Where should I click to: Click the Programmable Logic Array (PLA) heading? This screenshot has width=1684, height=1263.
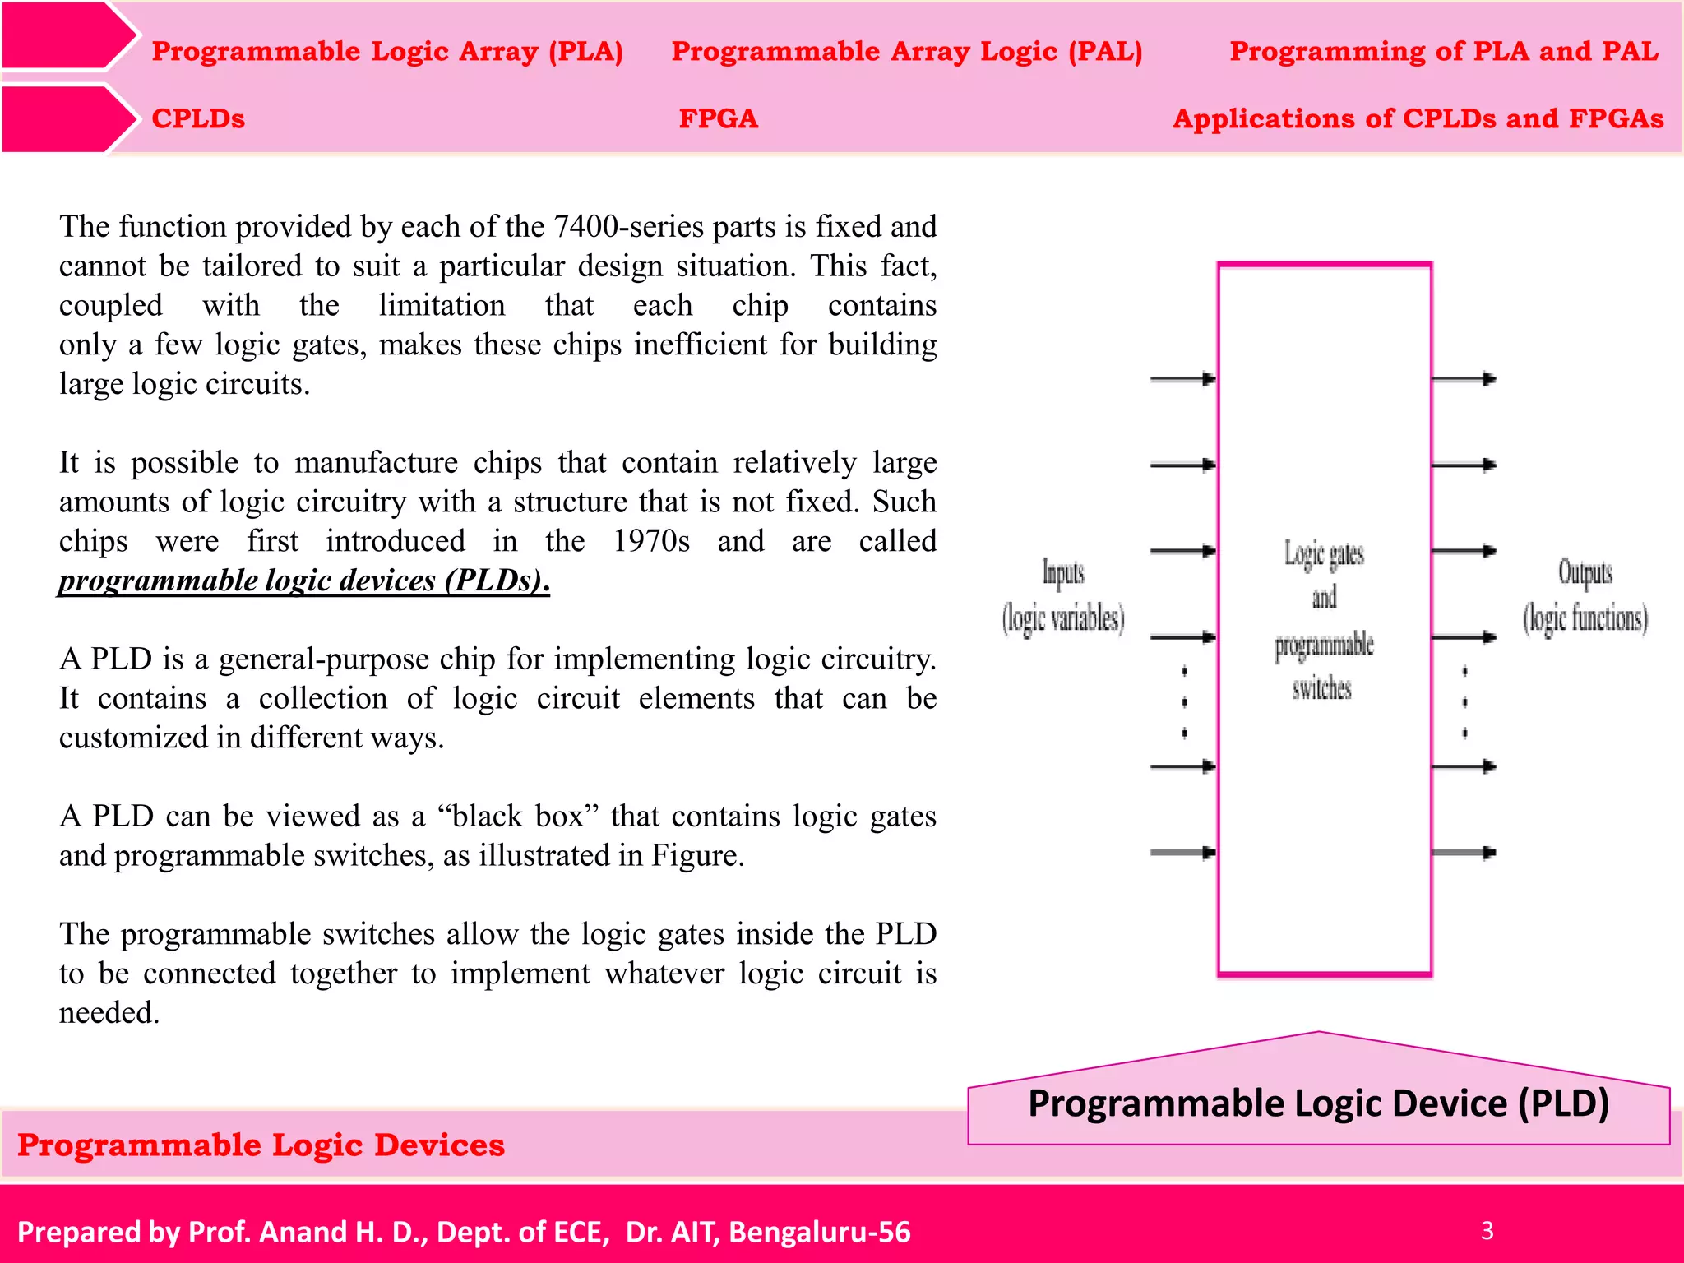pos(387,51)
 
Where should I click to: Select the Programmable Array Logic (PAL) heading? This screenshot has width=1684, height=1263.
pos(907,51)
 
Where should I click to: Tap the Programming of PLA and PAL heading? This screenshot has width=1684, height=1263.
pos(1444,51)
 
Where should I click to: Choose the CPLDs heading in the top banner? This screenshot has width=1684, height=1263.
pos(198,118)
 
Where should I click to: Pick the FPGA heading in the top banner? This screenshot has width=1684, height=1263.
pos(718,118)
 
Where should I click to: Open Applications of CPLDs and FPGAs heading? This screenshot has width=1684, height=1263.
pos(1418,118)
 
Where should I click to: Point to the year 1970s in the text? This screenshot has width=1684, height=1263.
pos(651,541)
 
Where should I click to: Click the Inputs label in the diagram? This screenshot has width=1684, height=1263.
pos(1063,573)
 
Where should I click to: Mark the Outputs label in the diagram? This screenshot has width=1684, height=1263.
pos(1585,573)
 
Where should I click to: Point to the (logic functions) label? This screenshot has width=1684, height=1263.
pos(1585,618)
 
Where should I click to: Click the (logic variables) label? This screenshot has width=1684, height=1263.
pos(1063,618)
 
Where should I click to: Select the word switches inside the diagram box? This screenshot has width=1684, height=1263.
pos(1322,688)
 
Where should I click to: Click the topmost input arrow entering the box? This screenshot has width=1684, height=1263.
pos(1182,379)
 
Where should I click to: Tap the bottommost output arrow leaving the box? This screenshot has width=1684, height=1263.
pos(1464,853)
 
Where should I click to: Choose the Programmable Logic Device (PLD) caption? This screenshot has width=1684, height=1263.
pos(1318,1103)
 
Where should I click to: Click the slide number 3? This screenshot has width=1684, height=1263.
pos(1487,1230)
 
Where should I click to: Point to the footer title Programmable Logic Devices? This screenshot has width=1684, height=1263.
pos(261,1145)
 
